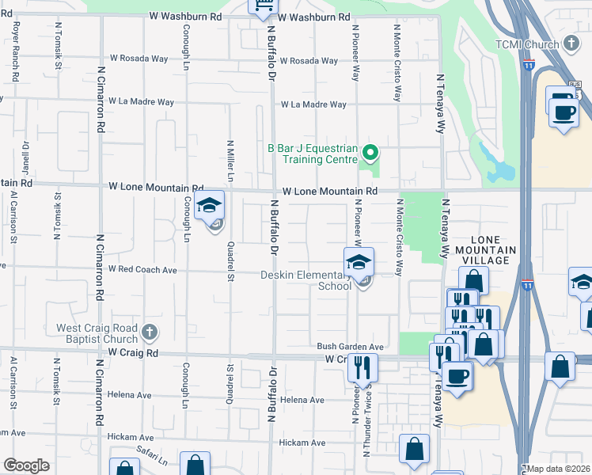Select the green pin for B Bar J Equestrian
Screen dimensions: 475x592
coord(370,152)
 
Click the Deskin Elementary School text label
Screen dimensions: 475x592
coord(306,280)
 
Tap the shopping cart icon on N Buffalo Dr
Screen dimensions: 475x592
coord(263,7)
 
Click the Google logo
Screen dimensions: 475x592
coord(25,465)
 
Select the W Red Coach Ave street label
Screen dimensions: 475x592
coord(143,269)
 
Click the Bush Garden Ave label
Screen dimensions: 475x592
coord(350,347)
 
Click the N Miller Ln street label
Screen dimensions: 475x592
coord(230,162)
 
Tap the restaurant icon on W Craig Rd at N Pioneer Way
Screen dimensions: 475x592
coord(362,367)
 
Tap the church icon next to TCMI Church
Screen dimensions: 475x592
coord(572,44)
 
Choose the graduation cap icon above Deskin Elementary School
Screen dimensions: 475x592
coord(359,261)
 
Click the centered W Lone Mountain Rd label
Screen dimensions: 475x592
coord(329,192)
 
